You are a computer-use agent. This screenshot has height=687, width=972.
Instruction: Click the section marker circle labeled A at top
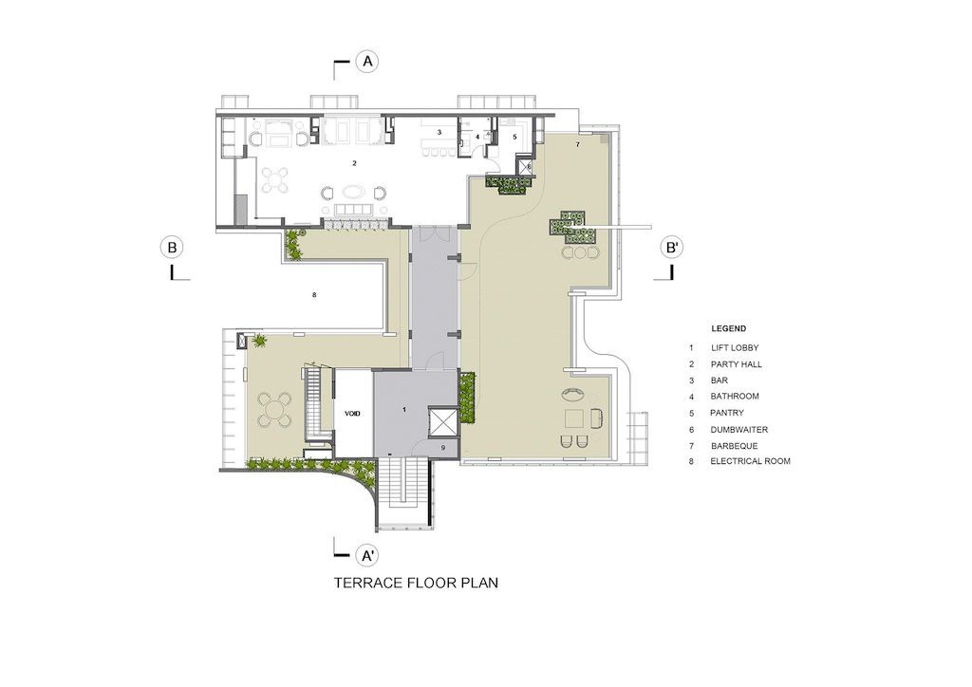coord(368,62)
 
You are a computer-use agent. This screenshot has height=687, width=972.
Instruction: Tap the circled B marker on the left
coord(172,248)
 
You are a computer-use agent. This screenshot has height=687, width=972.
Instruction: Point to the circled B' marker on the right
coord(672,248)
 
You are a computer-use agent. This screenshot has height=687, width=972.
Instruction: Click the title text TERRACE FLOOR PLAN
coord(416,584)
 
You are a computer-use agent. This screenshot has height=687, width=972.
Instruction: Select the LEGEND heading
coord(728,328)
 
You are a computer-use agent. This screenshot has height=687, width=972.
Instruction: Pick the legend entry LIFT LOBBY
coord(734,348)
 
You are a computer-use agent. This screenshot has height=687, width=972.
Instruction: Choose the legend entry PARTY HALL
coord(736,364)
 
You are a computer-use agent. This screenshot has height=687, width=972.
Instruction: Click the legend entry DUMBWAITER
coord(738,430)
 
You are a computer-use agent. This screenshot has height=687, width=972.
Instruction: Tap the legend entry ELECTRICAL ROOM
coord(750,461)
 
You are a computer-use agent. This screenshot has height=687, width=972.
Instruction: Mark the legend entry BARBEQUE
coord(734,446)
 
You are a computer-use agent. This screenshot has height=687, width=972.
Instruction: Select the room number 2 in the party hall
coord(354,163)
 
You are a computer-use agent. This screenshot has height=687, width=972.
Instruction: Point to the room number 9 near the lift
coord(442,446)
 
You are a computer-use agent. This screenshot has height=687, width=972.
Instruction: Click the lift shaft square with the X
coord(442,420)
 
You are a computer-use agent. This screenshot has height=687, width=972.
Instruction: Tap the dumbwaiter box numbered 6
coord(529,167)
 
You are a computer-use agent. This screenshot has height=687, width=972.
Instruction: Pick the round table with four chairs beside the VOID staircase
coord(275,411)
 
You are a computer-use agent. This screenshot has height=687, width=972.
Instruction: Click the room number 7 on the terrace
coord(576,144)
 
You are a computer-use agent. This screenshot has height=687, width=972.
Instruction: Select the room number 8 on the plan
coord(313,295)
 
